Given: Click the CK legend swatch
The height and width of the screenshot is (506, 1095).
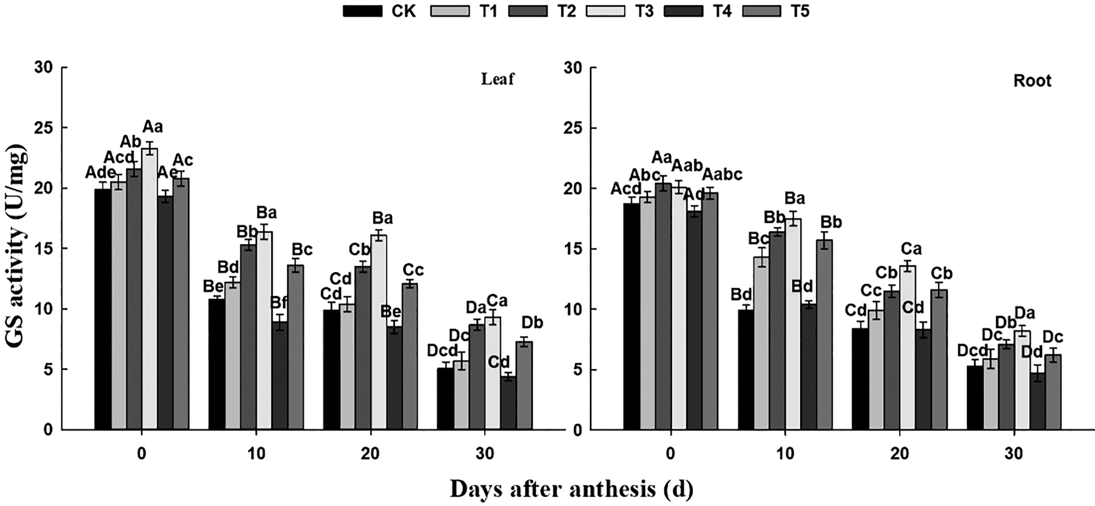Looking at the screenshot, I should click(x=362, y=11).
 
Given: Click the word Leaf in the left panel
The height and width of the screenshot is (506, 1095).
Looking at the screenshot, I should click(x=497, y=79).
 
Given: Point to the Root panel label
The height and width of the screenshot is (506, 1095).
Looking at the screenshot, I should click(x=1032, y=81).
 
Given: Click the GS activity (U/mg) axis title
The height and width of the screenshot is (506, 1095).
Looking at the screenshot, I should click(x=16, y=248).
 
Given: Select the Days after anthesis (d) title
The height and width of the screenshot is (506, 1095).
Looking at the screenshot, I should click(x=571, y=489).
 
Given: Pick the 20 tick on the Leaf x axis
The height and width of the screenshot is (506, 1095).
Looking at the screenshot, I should click(x=370, y=454).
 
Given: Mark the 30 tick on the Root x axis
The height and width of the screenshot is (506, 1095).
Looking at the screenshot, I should click(x=1014, y=454).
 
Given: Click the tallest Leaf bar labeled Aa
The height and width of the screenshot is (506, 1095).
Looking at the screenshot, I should click(x=149, y=289).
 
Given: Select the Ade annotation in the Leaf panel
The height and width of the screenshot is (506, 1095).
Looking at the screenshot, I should click(x=101, y=173).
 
